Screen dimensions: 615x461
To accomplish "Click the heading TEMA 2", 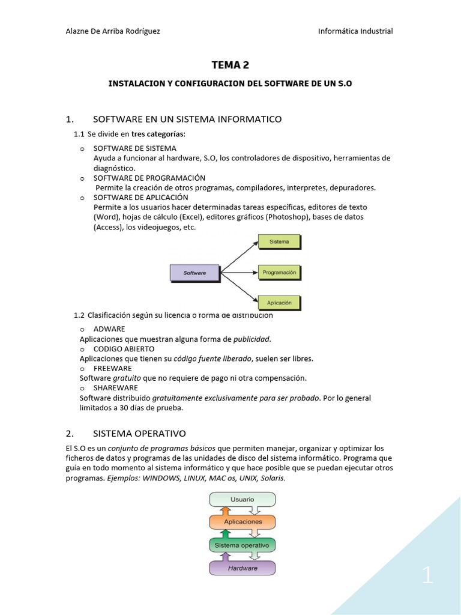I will (x=230, y=65).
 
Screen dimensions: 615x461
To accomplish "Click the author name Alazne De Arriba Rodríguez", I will (x=112, y=31).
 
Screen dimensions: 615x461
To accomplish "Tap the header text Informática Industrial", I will (x=355, y=31).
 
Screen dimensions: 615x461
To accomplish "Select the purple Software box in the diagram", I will (x=194, y=273).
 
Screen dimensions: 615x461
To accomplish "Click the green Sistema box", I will (x=279, y=241).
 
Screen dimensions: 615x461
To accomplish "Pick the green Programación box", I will (x=279, y=272).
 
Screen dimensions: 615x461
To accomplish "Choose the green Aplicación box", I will (x=279, y=303).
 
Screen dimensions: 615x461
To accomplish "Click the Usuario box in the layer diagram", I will (x=242, y=499).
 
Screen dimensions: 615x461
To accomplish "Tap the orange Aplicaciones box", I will (x=242, y=522).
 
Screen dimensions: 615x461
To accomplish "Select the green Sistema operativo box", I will (x=242, y=545).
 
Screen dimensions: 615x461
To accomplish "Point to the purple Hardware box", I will (x=242, y=568).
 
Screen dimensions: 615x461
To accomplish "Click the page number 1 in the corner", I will (x=427, y=576).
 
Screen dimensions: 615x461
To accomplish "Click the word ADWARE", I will (x=109, y=329).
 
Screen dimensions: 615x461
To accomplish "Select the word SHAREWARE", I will (x=116, y=388).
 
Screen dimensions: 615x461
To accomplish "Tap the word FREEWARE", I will (x=113, y=368).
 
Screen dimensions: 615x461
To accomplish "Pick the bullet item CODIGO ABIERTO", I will (x=124, y=349).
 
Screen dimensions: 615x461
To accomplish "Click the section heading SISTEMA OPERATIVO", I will (x=139, y=433).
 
